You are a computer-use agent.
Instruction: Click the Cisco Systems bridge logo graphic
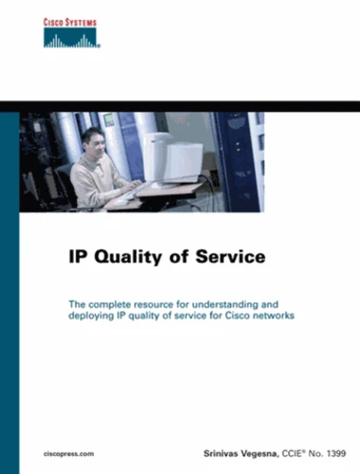pyautogui.click(x=71, y=38)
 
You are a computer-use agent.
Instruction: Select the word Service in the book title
pyautogui.click(x=230, y=256)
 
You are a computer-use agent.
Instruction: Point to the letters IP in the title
pyautogui.click(x=79, y=257)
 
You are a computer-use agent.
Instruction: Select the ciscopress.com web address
pyautogui.click(x=68, y=454)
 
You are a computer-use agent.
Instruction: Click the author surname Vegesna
pyautogui.click(x=259, y=454)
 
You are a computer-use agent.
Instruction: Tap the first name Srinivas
pyautogui.click(x=221, y=454)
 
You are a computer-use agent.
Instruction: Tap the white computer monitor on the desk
pyautogui.click(x=172, y=157)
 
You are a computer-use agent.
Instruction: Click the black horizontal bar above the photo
pyautogui.click(x=180, y=106)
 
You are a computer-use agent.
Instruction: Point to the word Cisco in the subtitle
pyautogui.click(x=235, y=316)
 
